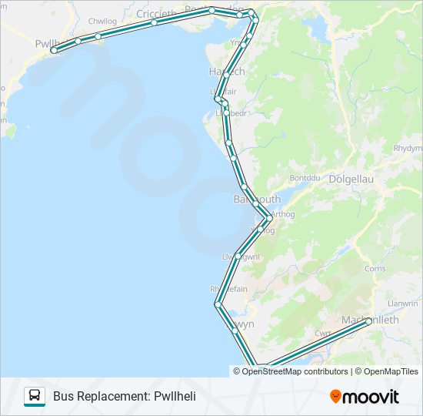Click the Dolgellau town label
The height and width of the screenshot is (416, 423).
click(351, 179)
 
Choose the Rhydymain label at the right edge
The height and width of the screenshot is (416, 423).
click(408, 148)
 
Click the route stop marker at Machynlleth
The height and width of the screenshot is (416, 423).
click(368, 320)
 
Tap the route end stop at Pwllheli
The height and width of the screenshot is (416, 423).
click(55, 49)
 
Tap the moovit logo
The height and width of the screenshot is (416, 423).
click(365, 397)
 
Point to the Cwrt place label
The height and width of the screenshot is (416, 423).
click(323, 334)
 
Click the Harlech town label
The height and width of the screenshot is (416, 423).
click(226, 71)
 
